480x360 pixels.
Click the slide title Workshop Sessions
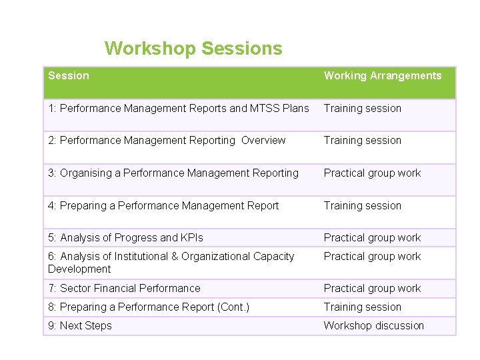pos(193,49)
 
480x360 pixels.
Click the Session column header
pos(69,76)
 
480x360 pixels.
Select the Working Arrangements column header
pos(383,76)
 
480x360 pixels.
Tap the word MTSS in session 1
pos(265,108)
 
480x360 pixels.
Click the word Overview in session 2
pos(263,141)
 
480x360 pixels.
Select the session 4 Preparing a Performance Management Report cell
pos(163,206)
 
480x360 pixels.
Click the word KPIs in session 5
pos(192,238)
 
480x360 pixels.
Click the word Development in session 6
pos(79,269)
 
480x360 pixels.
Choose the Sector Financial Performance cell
pos(124,289)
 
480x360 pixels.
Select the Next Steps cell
pos(80,326)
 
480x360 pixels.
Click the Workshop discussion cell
pos(374,326)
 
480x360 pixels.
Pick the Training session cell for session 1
pos(363,108)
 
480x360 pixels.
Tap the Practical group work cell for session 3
pos(372,173)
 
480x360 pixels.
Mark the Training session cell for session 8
pos(363,307)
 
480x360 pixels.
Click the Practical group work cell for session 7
pos(372,289)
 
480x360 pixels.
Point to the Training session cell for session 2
pos(363,141)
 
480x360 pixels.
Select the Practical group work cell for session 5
pos(372,238)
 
